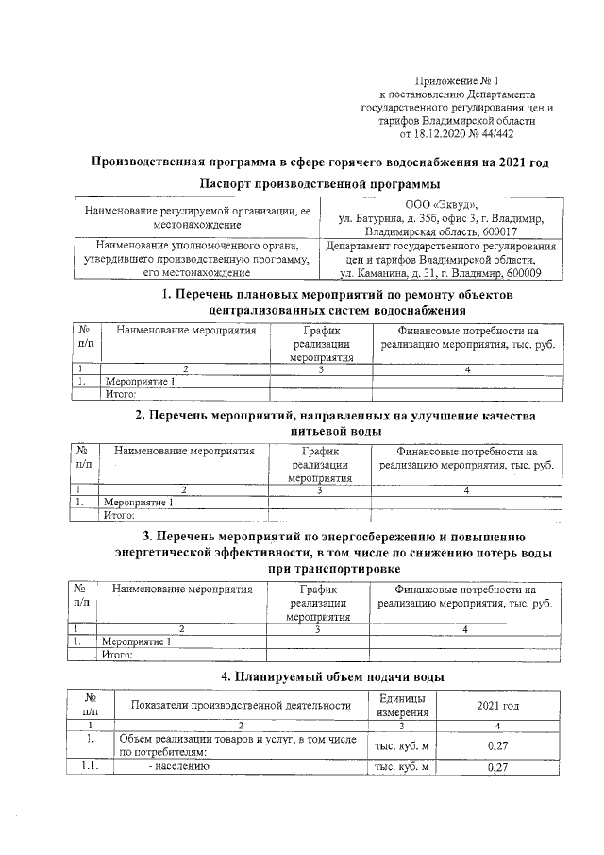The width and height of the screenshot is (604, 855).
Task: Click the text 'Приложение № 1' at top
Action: coord(457,82)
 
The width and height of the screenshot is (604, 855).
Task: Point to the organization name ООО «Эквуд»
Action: coord(440,206)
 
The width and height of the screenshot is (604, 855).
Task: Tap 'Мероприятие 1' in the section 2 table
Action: coord(137,503)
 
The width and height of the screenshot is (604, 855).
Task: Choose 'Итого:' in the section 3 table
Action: coord(117,654)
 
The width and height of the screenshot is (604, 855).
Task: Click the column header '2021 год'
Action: coord(497,706)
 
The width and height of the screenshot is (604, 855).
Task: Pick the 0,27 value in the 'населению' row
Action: coord(496,767)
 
